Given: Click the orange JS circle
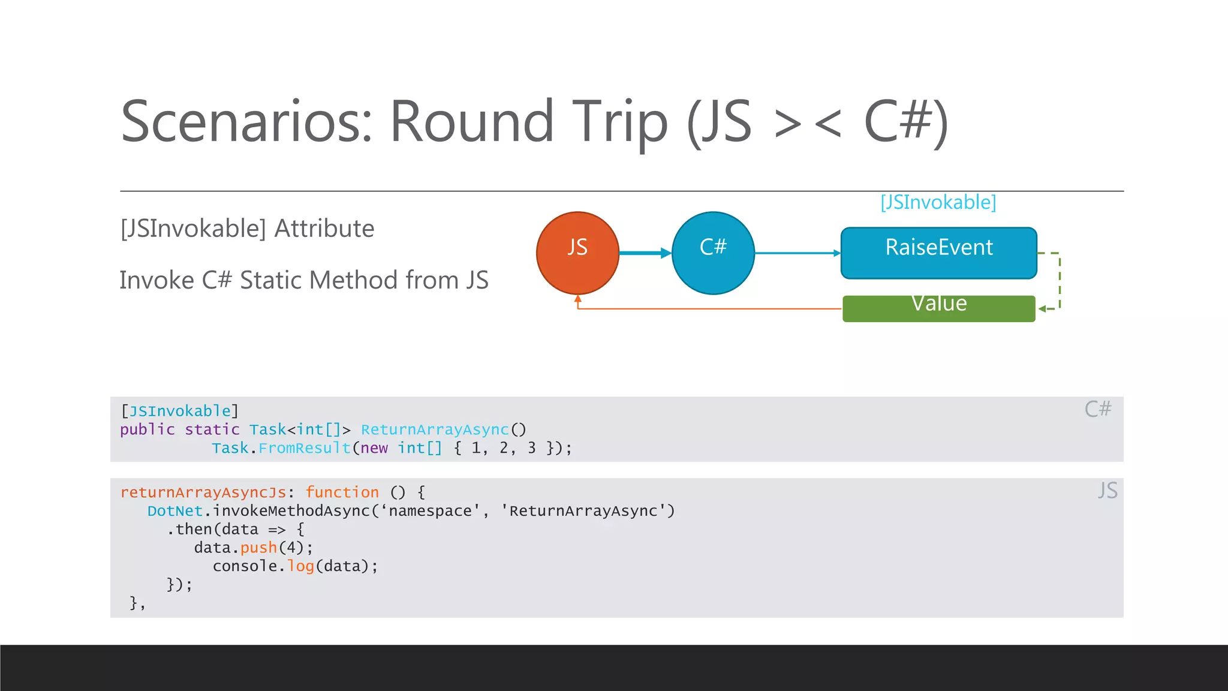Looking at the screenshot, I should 577,253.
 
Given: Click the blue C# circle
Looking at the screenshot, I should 713,253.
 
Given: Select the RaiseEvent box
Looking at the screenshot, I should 938,253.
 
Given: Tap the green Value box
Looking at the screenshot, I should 938,308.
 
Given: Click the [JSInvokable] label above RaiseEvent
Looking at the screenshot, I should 938,202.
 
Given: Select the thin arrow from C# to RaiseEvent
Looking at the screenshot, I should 797,253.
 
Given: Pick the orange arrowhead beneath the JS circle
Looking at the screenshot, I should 578,299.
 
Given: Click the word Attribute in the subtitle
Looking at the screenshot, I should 324,229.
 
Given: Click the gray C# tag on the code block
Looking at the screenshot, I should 1098,409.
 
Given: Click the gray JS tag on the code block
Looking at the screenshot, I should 1107,491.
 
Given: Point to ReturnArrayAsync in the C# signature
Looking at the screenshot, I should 435,429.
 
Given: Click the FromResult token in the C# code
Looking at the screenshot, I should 305,448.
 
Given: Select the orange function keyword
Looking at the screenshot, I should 342,492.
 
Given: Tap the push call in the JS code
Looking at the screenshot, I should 258,548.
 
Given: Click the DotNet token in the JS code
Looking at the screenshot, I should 175,511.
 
